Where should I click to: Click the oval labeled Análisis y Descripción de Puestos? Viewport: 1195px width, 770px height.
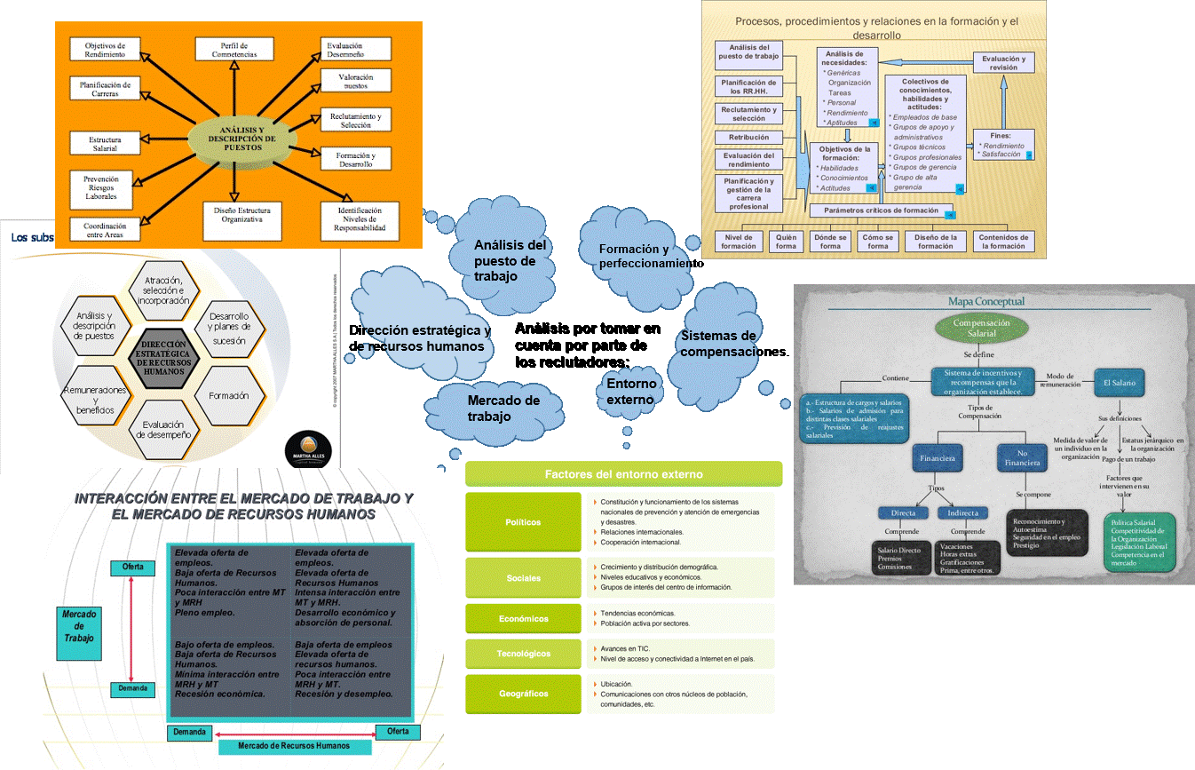point(236,142)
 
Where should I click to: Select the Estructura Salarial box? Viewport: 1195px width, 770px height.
point(105,145)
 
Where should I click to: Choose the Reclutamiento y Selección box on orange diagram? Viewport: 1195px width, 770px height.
point(356,121)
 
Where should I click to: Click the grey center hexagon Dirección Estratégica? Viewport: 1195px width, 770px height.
point(162,358)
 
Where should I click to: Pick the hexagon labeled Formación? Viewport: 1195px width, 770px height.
point(229,396)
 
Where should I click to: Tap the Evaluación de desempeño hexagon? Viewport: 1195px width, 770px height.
point(163,430)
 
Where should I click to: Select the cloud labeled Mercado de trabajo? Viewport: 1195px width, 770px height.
point(503,409)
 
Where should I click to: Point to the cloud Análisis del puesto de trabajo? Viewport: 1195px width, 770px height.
point(510,259)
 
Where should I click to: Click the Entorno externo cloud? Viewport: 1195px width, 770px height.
point(632,392)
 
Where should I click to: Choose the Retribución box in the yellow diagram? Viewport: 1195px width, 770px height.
point(748,138)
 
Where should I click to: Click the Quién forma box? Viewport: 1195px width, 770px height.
point(786,242)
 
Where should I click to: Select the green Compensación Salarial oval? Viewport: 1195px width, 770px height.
point(981,329)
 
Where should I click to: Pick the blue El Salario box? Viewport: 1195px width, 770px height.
point(1119,382)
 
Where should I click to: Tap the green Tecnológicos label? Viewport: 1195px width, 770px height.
point(523,654)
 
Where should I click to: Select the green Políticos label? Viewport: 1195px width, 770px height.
point(523,522)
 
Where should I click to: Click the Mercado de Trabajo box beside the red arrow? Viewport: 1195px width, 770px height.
point(78,626)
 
